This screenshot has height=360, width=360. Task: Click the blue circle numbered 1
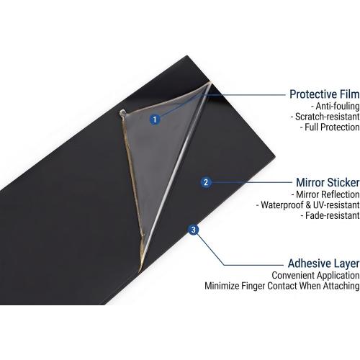point(155,120)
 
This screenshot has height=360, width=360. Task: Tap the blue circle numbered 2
point(206,182)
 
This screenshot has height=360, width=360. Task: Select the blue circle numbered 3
point(194,230)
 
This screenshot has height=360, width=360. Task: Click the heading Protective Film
point(325,94)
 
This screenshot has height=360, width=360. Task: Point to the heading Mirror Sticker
point(328,182)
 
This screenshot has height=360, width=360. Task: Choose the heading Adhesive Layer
point(324,264)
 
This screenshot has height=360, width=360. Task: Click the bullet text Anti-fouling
point(338,106)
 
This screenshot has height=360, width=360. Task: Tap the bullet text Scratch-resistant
point(327,117)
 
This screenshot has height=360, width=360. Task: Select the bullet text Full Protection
point(332,127)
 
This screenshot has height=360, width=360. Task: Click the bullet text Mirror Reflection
point(328,194)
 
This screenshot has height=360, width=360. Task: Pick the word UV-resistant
point(336,205)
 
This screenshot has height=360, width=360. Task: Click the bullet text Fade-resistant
point(333,215)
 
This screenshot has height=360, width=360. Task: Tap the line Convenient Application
point(315,276)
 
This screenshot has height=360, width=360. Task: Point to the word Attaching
point(341,287)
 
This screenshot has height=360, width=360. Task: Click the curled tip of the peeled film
point(122,112)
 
